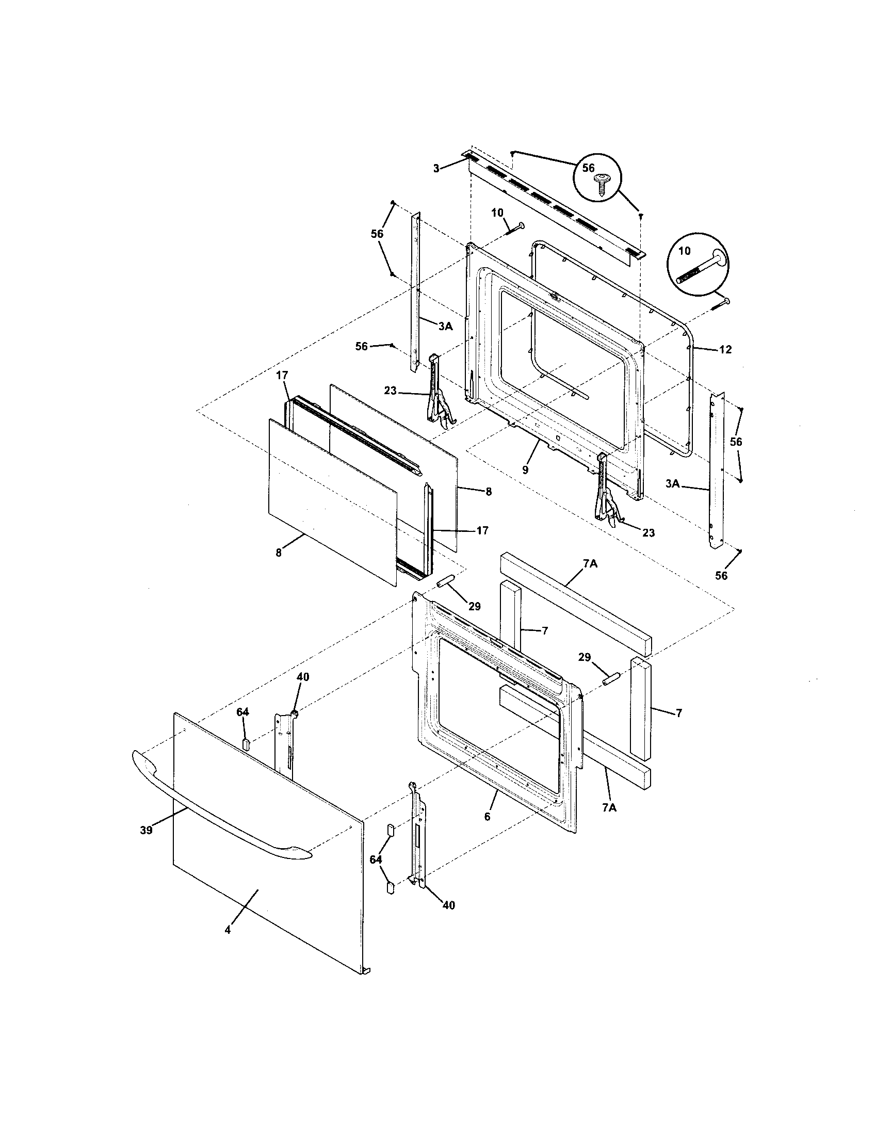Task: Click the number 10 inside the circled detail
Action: pos(684,251)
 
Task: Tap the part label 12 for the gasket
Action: pos(725,350)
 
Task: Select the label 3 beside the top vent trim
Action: pos(436,168)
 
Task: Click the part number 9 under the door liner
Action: pos(525,469)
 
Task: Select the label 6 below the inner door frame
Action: pos(487,817)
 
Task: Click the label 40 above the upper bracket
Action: pos(303,677)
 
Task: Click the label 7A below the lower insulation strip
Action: pos(610,808)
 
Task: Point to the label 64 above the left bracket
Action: pos(242,712)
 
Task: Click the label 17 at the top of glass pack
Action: pos(282,375)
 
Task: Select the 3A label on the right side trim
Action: pos(672,483)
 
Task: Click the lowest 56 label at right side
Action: pos(721,575)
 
